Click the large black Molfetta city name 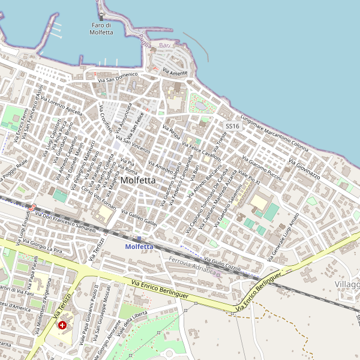138,180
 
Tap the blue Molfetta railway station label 139,247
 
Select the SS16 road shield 232,126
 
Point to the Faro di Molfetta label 101,29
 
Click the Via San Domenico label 118,77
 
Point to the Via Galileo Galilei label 139,218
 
